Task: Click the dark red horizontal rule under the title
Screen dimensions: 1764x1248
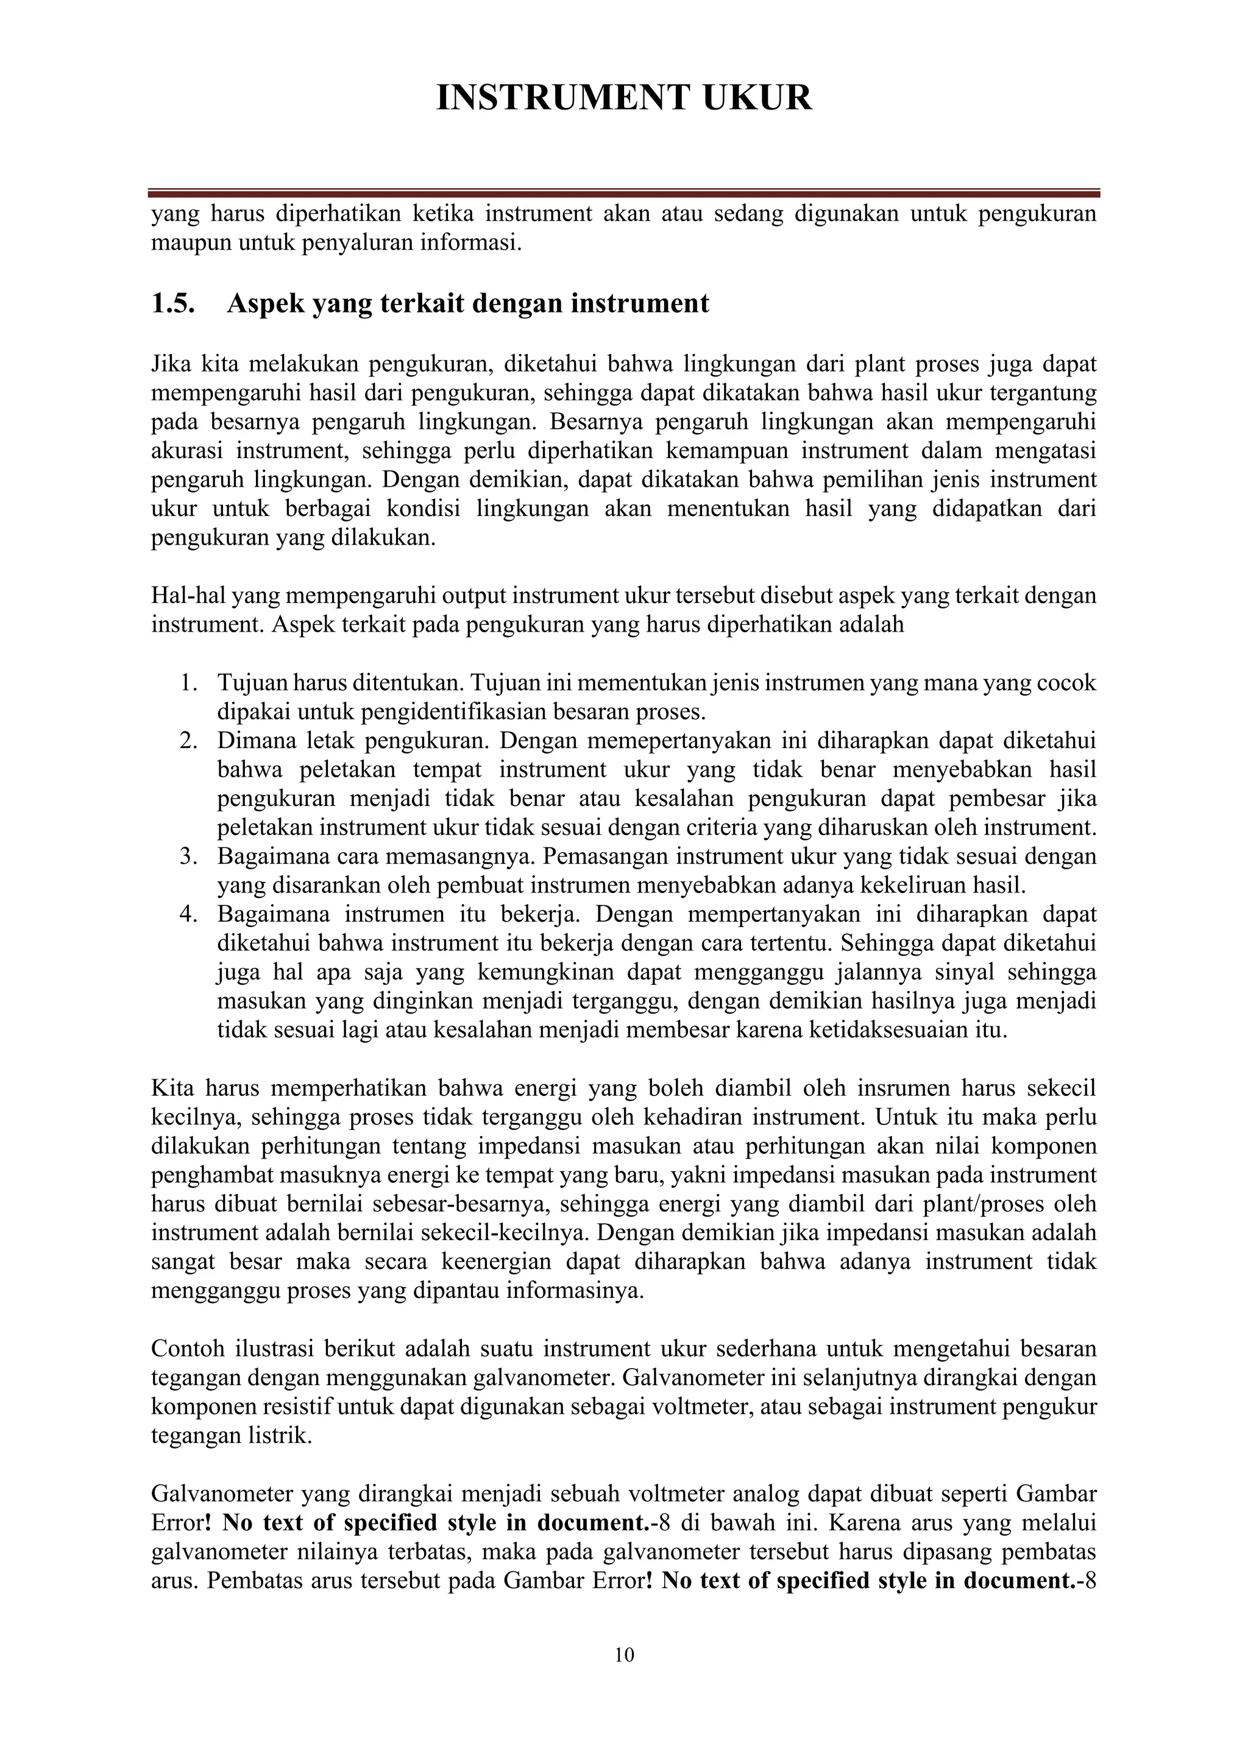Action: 623,194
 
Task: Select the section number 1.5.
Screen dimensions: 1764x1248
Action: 172,304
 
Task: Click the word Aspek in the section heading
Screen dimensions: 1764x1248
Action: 264,304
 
